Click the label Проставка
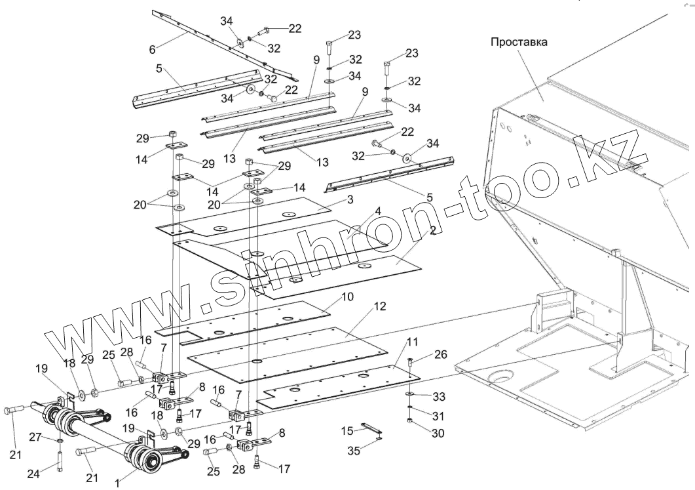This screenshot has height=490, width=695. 519,41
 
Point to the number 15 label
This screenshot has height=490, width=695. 348,430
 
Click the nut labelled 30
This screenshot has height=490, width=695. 410,420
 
